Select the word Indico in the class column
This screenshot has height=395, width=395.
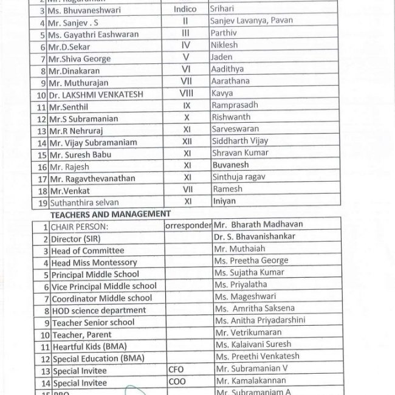pyautogui.click(x=185, y=10)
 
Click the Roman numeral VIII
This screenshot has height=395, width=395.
pyautogui.click(x=187, y=94)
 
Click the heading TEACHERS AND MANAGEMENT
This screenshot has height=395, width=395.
pyautogui.click(x=111, y=214)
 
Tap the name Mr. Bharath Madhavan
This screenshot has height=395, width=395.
pyautogui.click(x=258, y=224)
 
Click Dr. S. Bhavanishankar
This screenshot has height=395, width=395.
pyautogui.click(x=263, y=236)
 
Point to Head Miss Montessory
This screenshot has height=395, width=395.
pyautogui.click(x=94, y=263)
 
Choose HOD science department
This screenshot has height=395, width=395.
pyautogui.click(x=99, y=311)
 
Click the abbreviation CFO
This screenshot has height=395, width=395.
pyautogui.click(x=176, y=369)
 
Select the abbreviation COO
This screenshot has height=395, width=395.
pyautogui.click(x=176, y=382)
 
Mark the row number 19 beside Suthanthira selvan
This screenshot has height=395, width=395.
pyautogui.click(x=42, y=202)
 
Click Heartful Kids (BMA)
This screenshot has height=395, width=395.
pyautogui.click(x=89, y=346)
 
